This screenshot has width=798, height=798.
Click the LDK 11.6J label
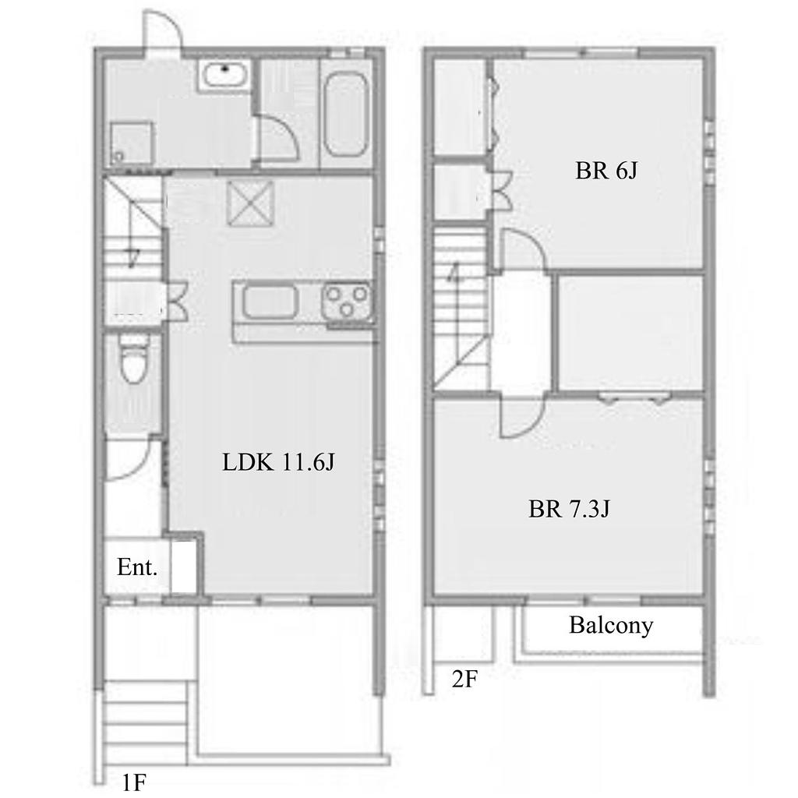coord(278,462)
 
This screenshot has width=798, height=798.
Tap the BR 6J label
coord(606,171)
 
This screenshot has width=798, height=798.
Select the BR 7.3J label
coord(568,508)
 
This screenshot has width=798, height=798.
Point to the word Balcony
coord(611,626)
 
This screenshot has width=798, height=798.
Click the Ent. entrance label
coord(137,567)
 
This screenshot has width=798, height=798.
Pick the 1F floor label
coord(134,782)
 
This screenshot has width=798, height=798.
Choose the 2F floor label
coord(464,679)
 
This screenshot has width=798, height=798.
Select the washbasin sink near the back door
coord(224,75)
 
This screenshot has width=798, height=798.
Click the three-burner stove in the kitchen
coord(347,301)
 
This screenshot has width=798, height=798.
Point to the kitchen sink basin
coord(270,302)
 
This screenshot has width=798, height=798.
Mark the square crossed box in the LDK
coord(250,203)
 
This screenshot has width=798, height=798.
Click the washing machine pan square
coord(131,143)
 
